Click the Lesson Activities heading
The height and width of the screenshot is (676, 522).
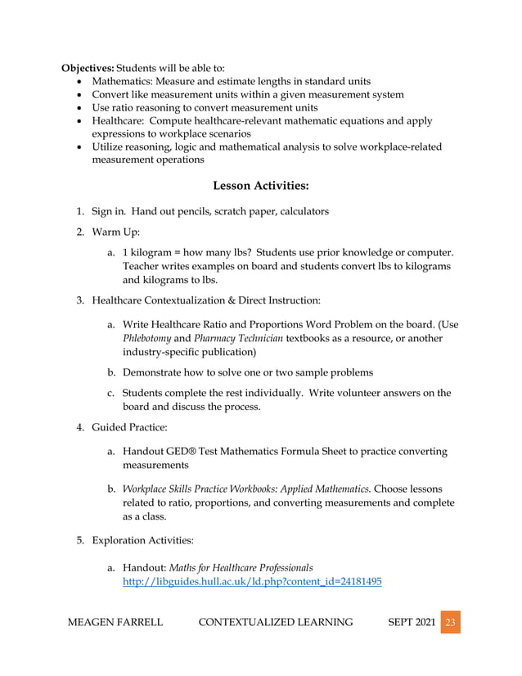tap(260, 186)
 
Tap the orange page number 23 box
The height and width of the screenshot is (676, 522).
tap(449, 622)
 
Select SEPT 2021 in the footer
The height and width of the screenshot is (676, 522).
tap(410, 622)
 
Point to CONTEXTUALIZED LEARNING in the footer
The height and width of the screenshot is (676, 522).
tap(276, 622)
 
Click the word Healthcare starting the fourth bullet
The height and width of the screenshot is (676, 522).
tap(119, 121)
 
